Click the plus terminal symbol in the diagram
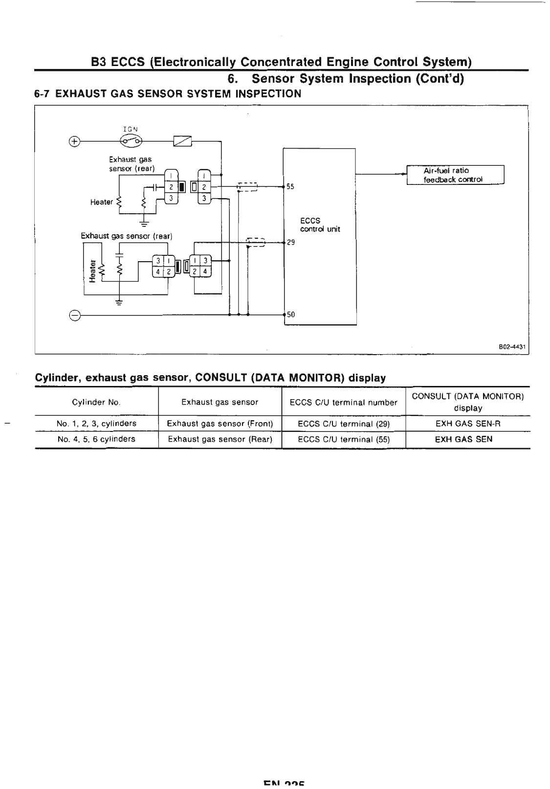(x=74, y=141)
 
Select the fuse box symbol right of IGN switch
(x=182, y=141)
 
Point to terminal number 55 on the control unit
(x=290, y=186)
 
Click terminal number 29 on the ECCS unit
(x=290, y=242)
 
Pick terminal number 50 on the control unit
(x=290, y=315)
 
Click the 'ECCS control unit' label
(x=320, y=225)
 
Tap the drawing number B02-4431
(x=511, y=346)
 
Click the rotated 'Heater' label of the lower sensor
(x=92, y=271)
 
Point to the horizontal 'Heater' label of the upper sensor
(x=102, y=202)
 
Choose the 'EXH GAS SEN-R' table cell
(x=468, y=424)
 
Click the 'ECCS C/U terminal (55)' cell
(x=344, y=439)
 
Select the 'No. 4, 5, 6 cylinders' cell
(x=96, y=439)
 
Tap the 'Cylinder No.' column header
(x=96, y=403)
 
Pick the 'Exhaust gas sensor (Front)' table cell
(x=220, y=424)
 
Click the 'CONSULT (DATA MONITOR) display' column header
(x=468, y=402)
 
